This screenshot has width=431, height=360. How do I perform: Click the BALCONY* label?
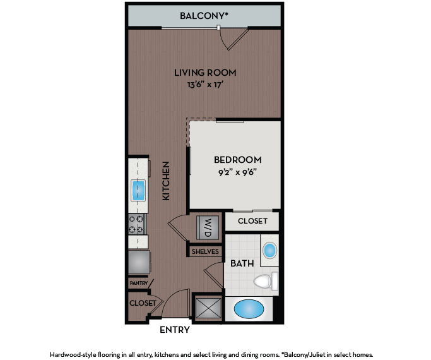[204, 16]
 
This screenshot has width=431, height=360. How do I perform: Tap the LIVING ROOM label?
[205, 73]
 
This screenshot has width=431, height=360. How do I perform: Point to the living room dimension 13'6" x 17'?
[205, 85]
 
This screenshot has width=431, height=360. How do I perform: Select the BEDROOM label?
[238, 160]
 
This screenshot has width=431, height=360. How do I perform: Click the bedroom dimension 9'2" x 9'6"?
[237, 172]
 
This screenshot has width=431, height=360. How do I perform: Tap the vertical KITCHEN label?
[166, 181]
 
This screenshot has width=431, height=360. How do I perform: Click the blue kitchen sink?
[138, 190]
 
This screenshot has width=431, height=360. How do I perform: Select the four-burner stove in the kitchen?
[137, 224]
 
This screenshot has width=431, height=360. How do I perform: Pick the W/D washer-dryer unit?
[208, 227]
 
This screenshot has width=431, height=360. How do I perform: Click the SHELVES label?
[205, 251]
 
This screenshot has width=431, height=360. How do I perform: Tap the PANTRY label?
[139, 283]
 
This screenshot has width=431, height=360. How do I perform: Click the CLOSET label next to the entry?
[143, 303]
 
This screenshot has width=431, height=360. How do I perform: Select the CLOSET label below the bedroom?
[252, 221]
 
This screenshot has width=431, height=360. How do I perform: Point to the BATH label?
[242, 263]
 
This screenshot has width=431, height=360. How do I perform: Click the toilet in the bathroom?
[266, 281]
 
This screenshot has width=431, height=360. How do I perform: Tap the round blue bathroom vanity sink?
[269, 250]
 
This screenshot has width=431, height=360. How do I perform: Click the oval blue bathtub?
[249, 309]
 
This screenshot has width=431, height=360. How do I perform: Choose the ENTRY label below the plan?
[175, 330]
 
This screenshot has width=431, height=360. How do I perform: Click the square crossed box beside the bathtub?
[208, 308]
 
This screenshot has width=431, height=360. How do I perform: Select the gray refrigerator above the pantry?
[139, 262]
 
